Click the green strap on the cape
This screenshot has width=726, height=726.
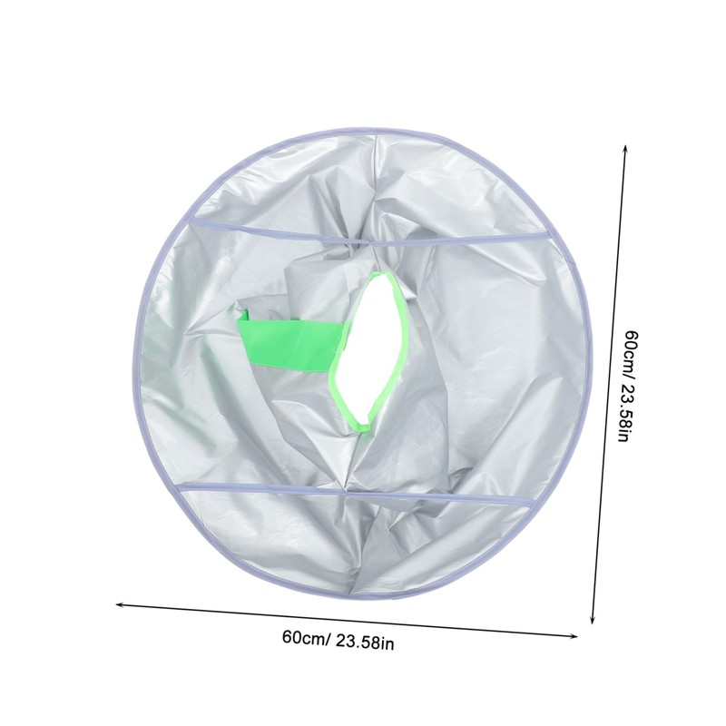[291, 339]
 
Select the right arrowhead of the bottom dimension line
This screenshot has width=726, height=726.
[574, 636]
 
